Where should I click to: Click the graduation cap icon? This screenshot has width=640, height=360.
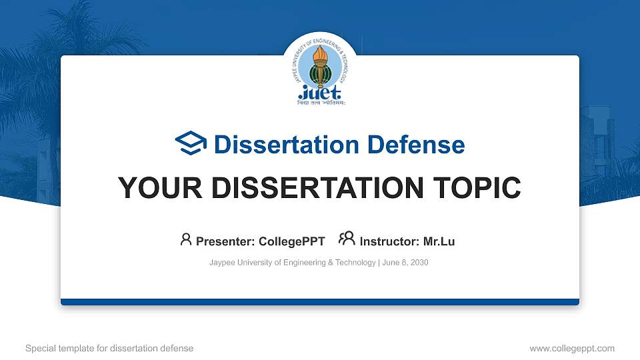191,144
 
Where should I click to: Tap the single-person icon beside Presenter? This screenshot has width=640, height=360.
186,239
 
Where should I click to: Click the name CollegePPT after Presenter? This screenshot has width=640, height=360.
292,241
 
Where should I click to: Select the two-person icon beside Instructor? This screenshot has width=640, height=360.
347,239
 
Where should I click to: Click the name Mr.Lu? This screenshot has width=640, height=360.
439,241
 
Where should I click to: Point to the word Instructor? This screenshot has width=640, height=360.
390,241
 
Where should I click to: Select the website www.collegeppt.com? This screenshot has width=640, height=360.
571,348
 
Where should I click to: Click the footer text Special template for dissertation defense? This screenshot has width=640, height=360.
109,348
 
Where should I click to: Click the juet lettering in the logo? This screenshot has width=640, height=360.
319,91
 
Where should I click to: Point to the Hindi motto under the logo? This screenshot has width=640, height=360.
319,103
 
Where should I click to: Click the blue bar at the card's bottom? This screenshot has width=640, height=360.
320,302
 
